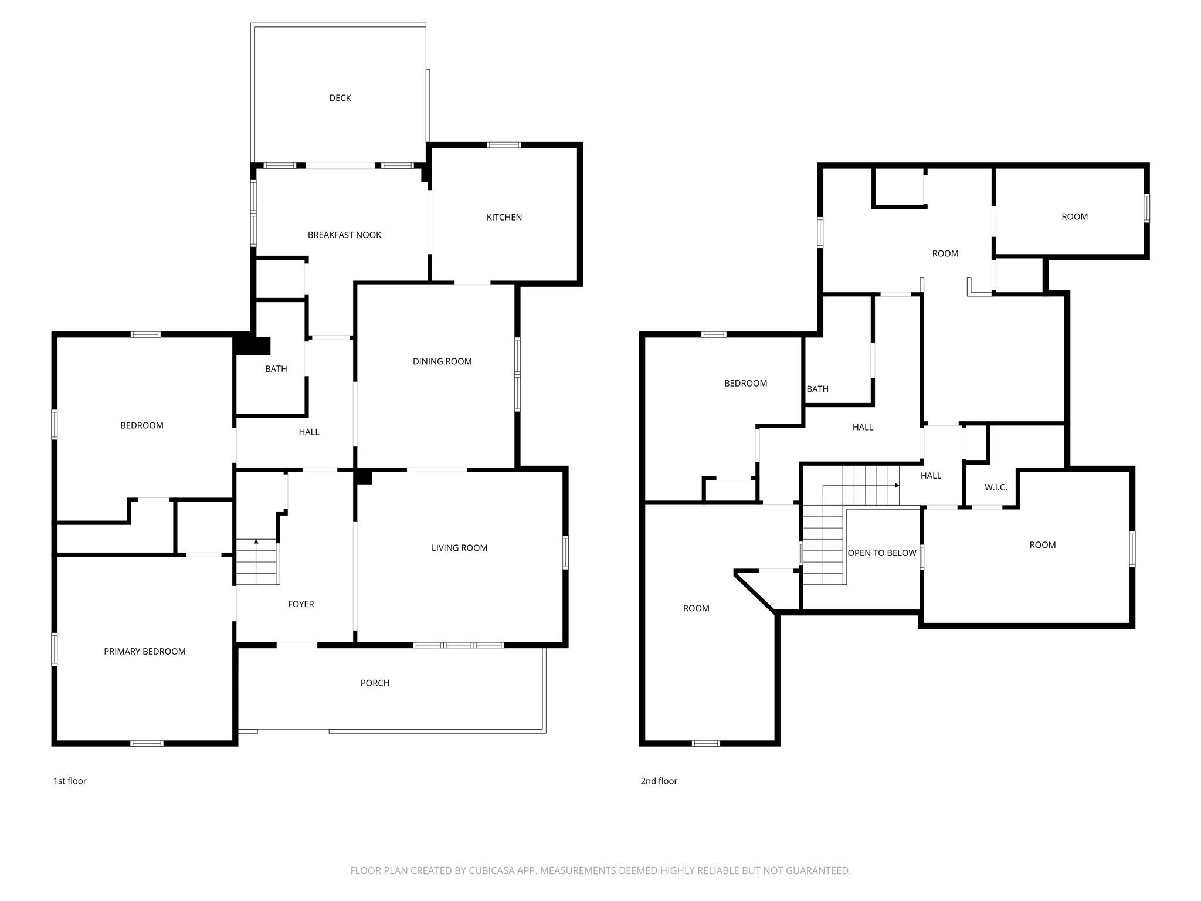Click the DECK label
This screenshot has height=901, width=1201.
(340, 98)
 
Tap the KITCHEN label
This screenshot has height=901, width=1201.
(504, 217)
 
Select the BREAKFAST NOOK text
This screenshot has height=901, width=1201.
(344, 235)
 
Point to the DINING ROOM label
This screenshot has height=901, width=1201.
(442, 361)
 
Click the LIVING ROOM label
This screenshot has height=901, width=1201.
(459, 548)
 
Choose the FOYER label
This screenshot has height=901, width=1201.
(301, 604)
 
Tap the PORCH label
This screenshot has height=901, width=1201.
(375, 683)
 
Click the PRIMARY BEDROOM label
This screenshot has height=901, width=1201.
(144, 651)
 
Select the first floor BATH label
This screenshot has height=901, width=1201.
(276, 369)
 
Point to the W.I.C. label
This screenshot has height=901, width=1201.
(995, 487)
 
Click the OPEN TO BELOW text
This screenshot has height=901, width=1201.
(881, 553)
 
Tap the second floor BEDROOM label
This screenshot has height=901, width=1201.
(745, 383)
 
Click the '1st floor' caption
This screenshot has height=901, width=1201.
(70, 781)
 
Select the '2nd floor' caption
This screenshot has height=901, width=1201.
(659, 781)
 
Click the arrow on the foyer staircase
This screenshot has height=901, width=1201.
(256, 541)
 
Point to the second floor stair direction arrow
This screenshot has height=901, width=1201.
(897, 486)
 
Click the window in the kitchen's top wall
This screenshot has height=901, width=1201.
(504, 145)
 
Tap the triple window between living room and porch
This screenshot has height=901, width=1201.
(458, 645)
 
